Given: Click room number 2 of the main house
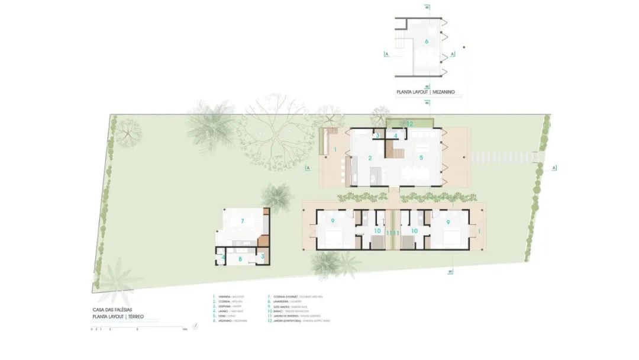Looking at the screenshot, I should [370, 158].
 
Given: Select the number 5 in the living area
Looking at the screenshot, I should [421, 158].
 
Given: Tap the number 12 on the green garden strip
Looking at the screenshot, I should [409, 124].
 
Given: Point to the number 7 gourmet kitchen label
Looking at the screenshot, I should [242, 221].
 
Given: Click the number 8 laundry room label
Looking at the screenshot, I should [240, 259].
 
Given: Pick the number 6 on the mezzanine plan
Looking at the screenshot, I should [426, 41].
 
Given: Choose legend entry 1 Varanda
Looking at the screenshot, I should [228, 297].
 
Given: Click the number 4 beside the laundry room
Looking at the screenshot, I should [223, 257].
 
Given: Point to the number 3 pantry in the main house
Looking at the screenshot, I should [377, 136].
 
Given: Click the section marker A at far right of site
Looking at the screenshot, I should [554, 168].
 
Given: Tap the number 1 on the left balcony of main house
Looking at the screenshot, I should [335, 150].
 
